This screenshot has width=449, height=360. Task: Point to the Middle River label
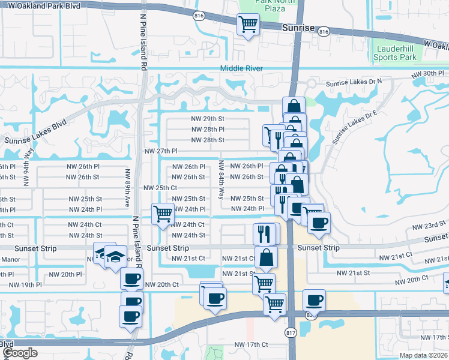coord(241,68)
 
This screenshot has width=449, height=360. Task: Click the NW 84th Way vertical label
coord(221,181)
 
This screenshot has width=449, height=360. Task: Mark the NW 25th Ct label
coord(160,188)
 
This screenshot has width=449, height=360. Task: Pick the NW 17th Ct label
coord(251,344)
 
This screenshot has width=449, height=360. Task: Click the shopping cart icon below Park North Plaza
coord(247,25)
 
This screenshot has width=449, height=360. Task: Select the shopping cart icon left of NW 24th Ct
coord(163,213)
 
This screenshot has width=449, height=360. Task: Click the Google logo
coord(20,353)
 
